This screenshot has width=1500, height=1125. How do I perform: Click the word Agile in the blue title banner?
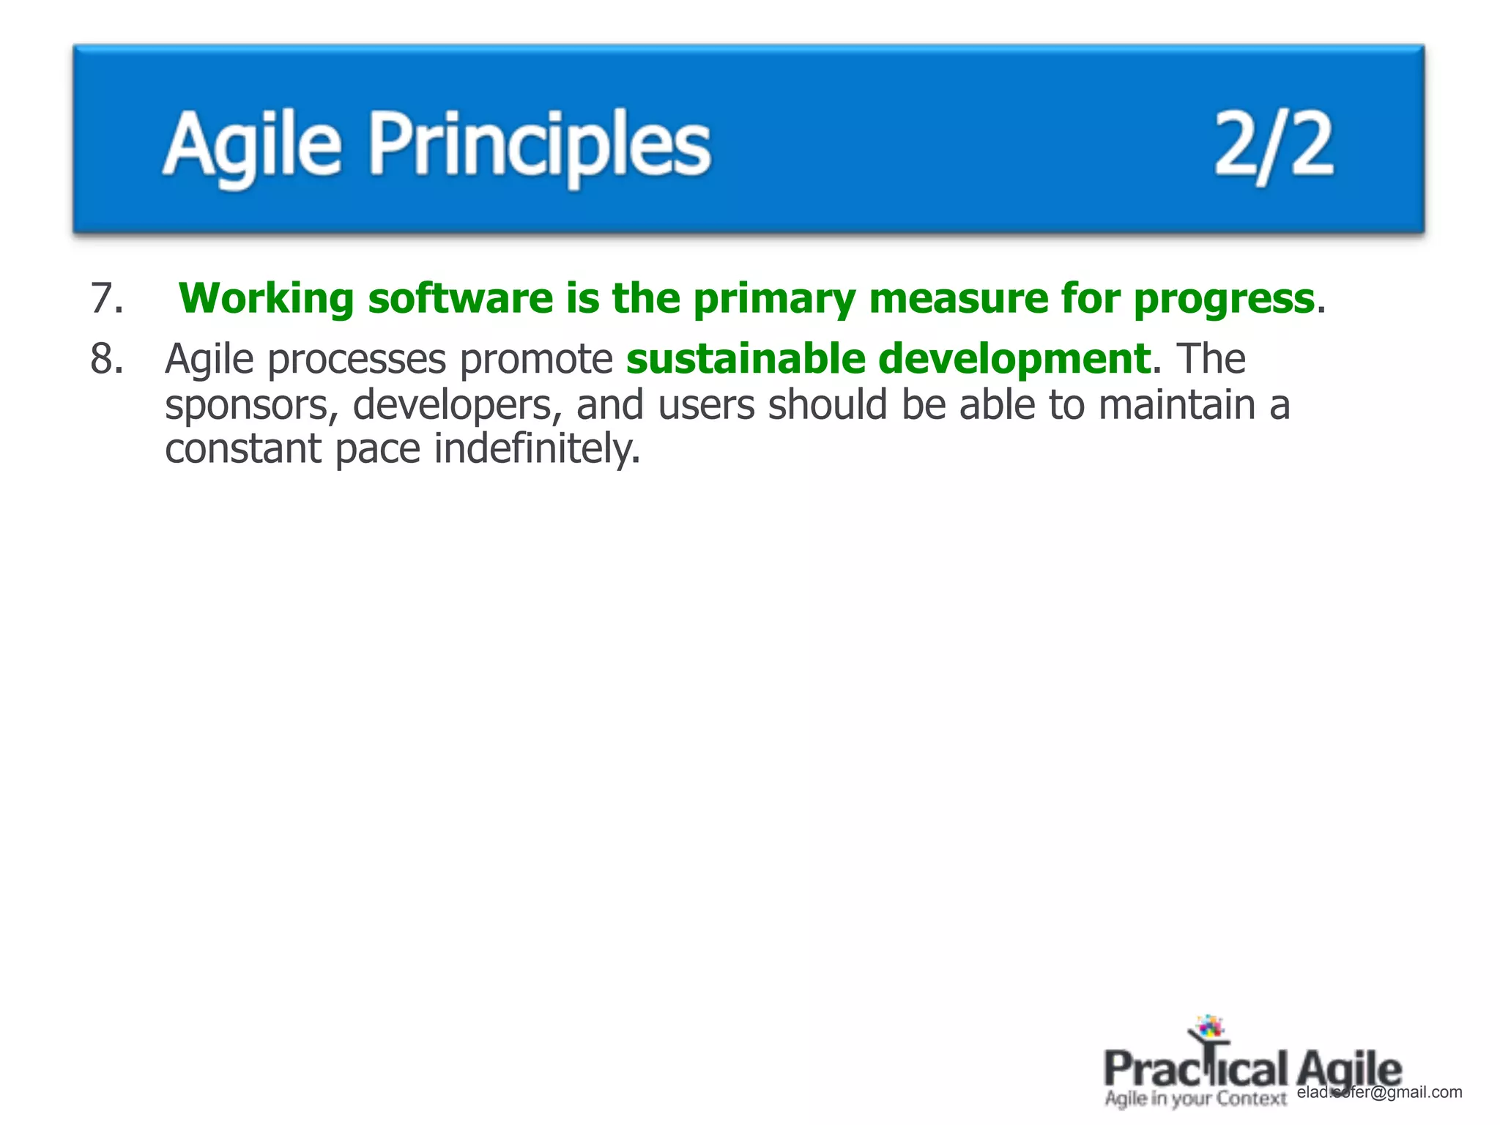(252, 144)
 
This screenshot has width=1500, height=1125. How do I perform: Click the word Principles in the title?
(539, 144)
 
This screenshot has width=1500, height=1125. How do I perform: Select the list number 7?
(106, 299)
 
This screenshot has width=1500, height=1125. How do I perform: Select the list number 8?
(106, 359)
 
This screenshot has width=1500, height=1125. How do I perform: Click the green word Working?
(266, 299)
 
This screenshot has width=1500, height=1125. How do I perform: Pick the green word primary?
(773, 299)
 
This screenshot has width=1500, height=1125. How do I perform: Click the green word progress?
(1223, 299)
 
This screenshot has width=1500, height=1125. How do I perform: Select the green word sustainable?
(746, 359)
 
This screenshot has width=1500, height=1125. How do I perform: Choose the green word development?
(1014, 359)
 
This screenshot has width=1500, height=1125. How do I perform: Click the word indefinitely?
(537, 448)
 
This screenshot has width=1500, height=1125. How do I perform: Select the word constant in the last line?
(242, 448)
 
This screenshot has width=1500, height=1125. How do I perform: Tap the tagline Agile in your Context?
(1195, 1099)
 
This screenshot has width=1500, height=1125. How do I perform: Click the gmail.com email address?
(1380, 1092)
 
